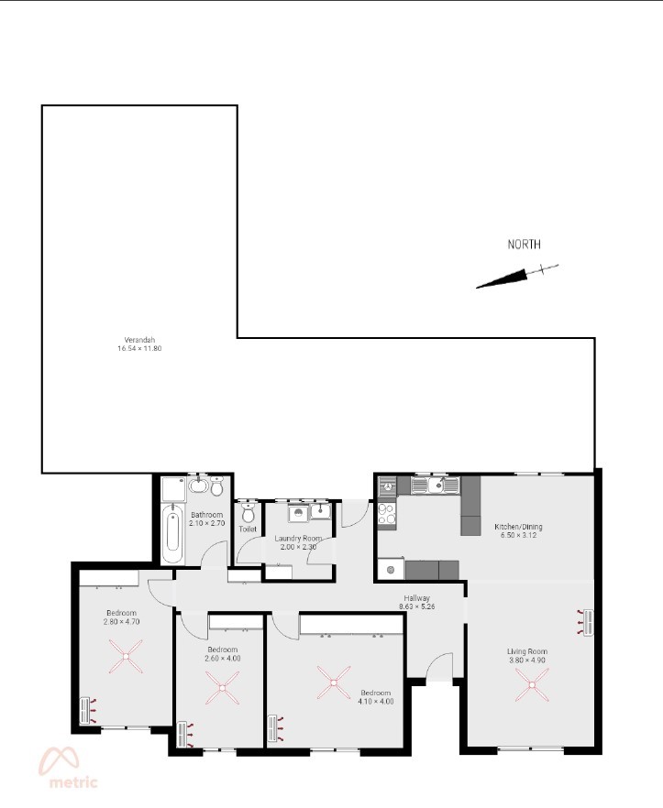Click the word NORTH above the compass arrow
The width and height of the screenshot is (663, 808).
[x=525, y=245]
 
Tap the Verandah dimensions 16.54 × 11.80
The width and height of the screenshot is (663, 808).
[x=139, y=348]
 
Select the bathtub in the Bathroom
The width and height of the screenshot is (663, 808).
[x=172, y=534]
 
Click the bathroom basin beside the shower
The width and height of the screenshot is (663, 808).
[x=197, y=485]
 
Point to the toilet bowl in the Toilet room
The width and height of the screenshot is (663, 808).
[x=249, y=512]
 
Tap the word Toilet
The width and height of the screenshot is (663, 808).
[x=248, y=530]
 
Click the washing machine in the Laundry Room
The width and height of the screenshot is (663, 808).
[x=298, y=513]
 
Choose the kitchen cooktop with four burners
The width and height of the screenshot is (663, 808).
[x=387, y=513]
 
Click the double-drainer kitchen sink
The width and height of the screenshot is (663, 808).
[x=436, y=485]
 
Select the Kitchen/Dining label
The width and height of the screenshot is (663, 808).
[x=518, y=527]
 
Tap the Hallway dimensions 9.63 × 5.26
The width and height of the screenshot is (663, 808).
[x=417, y=606]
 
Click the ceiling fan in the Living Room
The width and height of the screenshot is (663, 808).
[x=532, y=685]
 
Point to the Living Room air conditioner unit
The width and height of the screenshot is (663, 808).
[x=586, y=623]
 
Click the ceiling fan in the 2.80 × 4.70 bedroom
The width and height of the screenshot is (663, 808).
[x=126, y=656]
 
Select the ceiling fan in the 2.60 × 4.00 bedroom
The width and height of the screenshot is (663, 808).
[x=223, y=688]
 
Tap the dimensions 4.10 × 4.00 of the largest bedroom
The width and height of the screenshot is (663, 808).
[x=376, y=702]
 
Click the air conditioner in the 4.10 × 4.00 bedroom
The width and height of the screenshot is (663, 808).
[x=276, y=728]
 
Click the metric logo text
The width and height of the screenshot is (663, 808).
[x=73, y=782]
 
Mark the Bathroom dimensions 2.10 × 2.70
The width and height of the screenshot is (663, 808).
[x=207, y=523]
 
